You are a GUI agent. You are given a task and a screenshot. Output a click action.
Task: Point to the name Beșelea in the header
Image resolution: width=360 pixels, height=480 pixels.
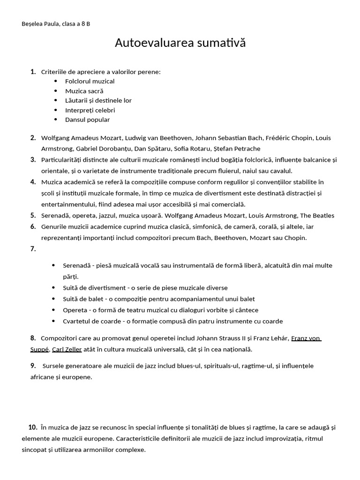click(32, 24)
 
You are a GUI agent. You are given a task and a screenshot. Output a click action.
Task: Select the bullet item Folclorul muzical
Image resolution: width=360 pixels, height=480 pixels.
click(90, 81)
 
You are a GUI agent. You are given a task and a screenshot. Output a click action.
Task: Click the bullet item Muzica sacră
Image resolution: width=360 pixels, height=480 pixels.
click(84, 91)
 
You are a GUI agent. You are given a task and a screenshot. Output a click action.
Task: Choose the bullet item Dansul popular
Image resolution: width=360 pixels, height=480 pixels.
click(87, 120)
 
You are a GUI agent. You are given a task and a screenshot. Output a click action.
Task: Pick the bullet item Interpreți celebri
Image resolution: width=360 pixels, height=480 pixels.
click(90, 110)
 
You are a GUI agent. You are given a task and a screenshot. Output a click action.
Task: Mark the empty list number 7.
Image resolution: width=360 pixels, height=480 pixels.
click(33, 249)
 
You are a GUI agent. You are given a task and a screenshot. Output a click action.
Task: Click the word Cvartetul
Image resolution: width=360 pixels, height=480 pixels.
click(78, 321)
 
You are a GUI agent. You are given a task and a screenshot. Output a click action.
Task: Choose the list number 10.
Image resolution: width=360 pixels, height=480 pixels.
click(33, 427)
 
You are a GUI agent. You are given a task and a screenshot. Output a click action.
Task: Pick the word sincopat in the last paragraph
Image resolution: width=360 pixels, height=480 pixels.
click(35, 450)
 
